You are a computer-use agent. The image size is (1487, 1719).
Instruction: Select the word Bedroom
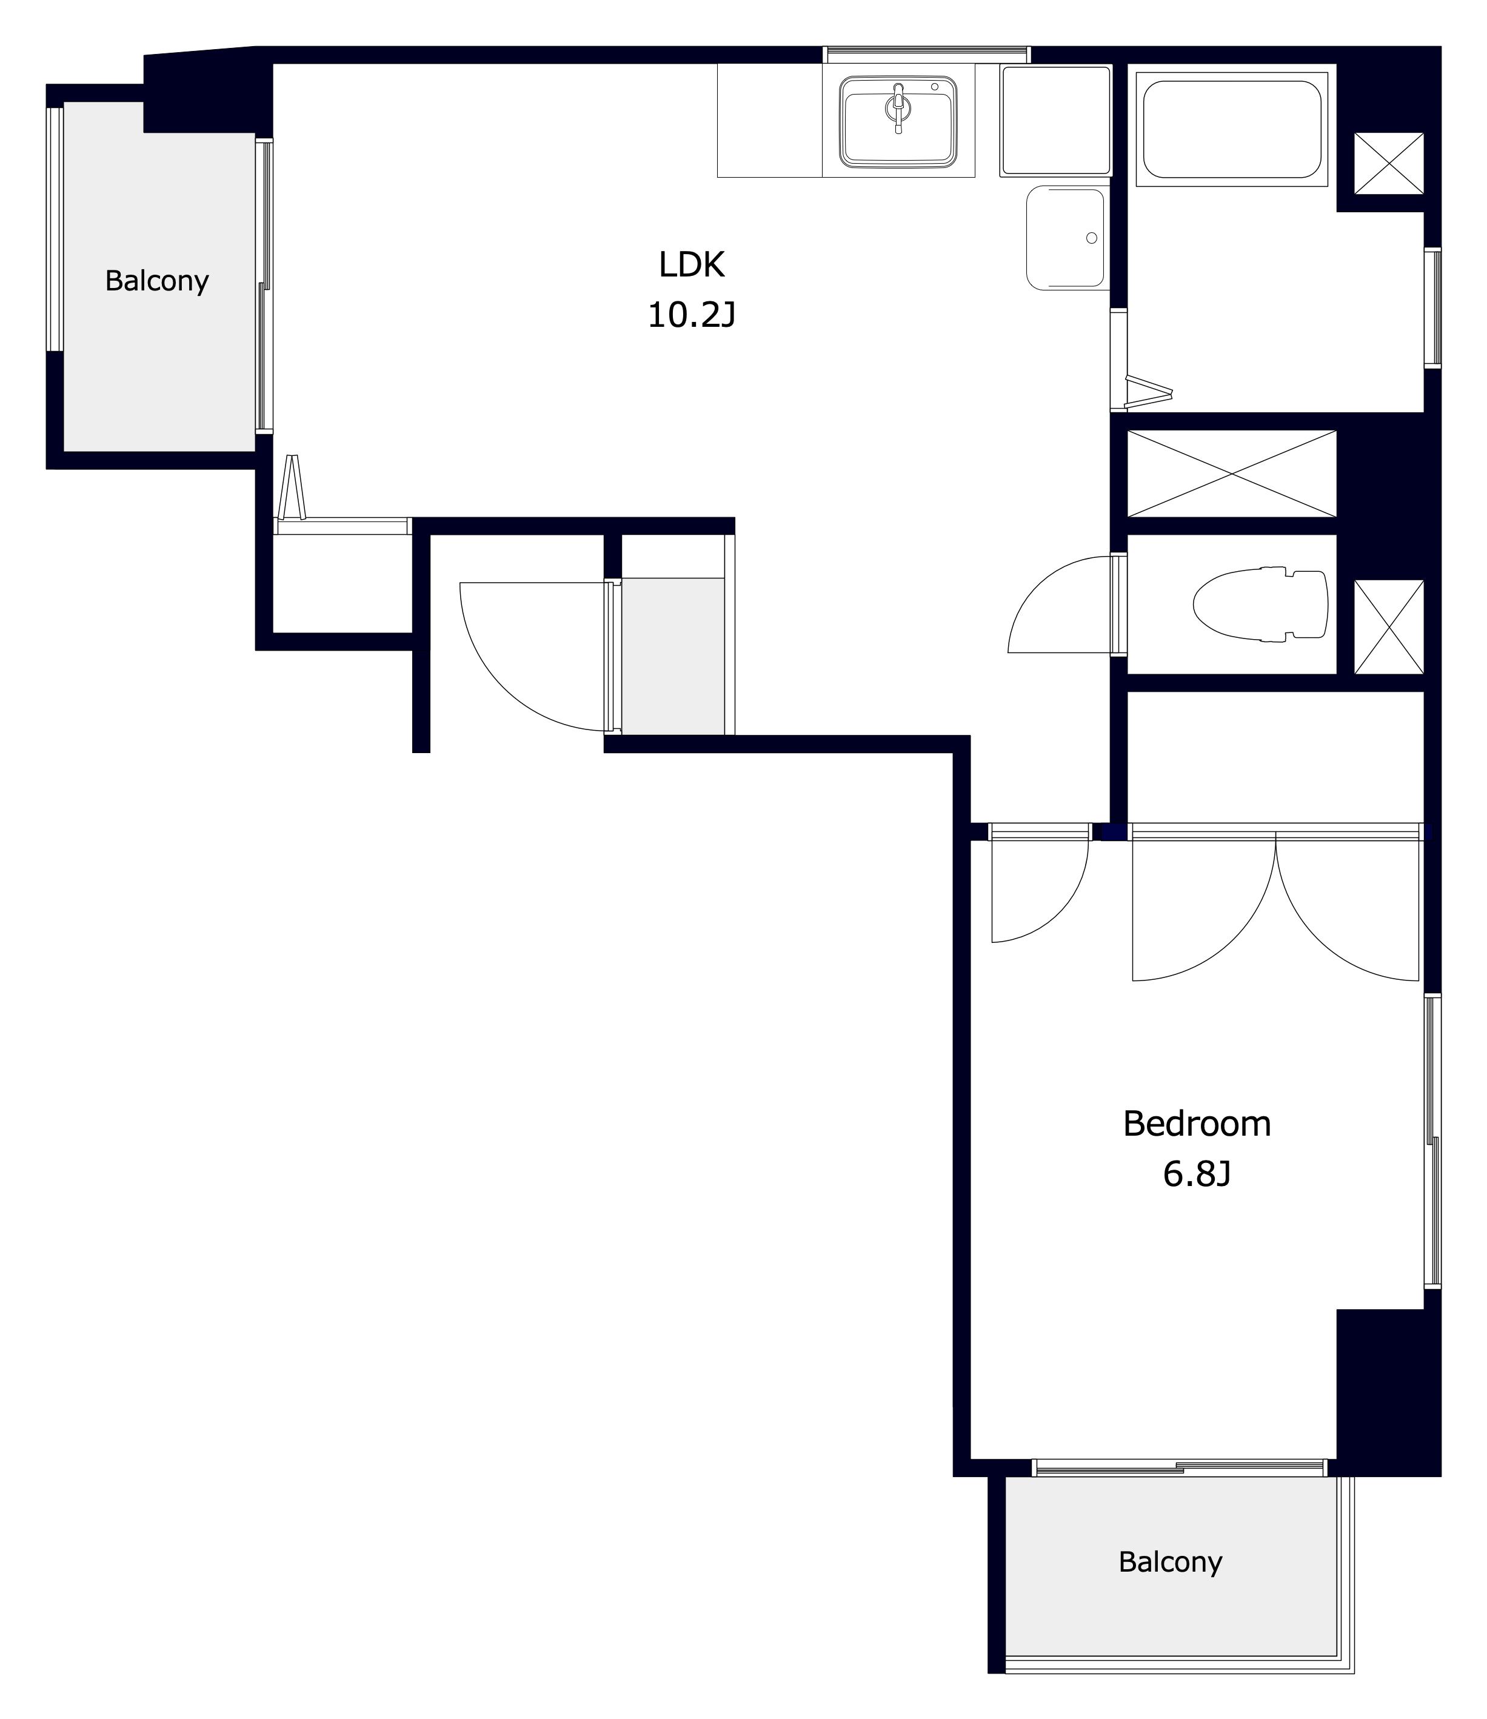click(x=1197, y=1124)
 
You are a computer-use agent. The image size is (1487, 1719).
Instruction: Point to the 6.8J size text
click(x=1197, y=1174)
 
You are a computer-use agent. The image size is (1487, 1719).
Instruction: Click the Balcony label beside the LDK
click(x=157, y=281)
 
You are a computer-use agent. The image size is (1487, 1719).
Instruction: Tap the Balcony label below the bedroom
click(x=1170, y=1562)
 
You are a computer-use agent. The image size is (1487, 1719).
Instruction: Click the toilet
click(x=1260, y=605)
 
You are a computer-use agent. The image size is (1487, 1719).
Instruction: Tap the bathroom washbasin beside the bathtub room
click(x=1066, y=238)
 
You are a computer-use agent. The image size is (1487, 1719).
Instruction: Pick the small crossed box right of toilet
click(x=1389, y=627)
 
